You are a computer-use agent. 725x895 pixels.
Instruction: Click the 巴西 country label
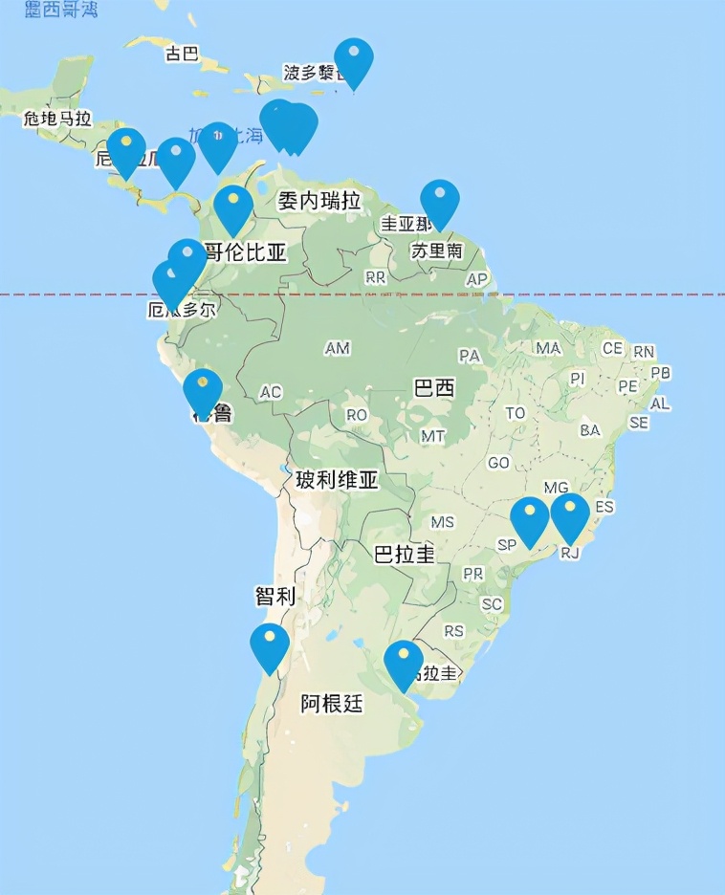pyautogui.click(x=434, y=388)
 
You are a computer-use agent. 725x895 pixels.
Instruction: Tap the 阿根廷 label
pyautogui.click(x=332, y=705)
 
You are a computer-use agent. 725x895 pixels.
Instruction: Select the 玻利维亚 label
pyautogui.click(x=337, y=480)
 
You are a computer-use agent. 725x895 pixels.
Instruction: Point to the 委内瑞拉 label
pyautogui.click(x=319, y=201)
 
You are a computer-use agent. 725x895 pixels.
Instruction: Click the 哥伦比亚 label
pyautogui.click(x=245, y=252)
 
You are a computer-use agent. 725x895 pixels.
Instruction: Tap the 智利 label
pyautogui.click(x=275, y=597)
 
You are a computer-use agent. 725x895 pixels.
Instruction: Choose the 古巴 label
pyautogui.click(x=182, y=54)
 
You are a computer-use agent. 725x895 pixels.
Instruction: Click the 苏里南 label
pyautogui.click(x=436, y=251)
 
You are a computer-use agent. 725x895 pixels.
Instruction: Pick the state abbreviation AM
pyautogui.click(x=338, y=348)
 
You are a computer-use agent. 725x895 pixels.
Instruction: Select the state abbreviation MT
pyautogui.click(x=433, y=436)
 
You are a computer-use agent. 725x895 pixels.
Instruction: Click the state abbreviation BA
pyautogui.click(x=590, y=430)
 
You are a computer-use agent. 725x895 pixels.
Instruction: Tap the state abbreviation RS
pyautogui.click(x=453, y=631)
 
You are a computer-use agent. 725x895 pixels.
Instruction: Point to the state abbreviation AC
pyautogui.click(x=271, y=393)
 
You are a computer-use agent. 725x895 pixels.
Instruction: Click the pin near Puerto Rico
pyautogui.click(x=354, y=60)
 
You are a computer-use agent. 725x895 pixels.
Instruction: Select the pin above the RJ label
pyautogui.click(x=570, y=514)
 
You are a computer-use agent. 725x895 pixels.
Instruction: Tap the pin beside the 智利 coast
pyautogui.click(x=270, y=645)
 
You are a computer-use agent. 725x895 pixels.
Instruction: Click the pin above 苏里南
pyautogui.click(x=440, y=201)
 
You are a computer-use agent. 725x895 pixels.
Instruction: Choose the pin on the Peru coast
pyautogui.click(x=203, y=390)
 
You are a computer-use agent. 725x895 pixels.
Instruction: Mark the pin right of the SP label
pyautogui.click(x=530, y=519)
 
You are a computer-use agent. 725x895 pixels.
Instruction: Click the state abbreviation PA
pyautogui.click(x=470, y=356)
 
